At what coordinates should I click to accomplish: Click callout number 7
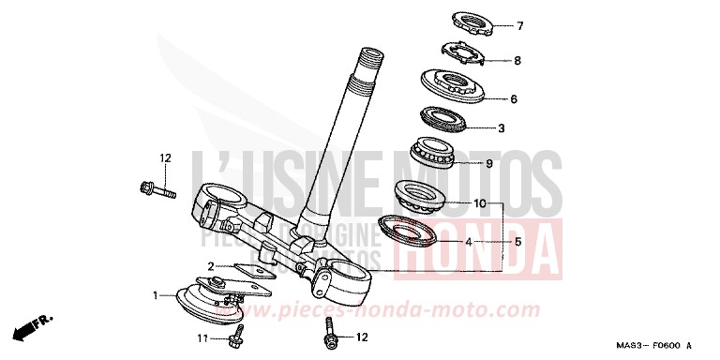[x=521, y=26]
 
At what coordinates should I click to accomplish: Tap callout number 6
[x=514, y=98]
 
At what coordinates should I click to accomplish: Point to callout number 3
[x=502, y=127]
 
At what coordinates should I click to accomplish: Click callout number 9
[x=514, y=163]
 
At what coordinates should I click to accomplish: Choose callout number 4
[x=468, y=241]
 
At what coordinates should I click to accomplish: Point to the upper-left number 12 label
[x=166, y=158]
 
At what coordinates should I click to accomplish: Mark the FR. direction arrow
[x=30, y=327]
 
